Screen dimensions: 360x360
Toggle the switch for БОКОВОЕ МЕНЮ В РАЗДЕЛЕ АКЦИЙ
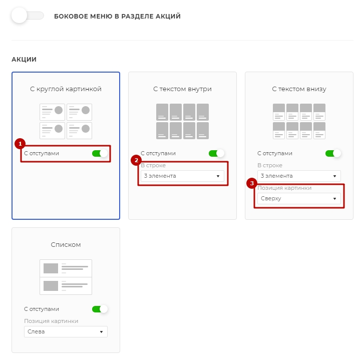(x=28, y=16)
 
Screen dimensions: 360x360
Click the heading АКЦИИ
(x=24, y=60)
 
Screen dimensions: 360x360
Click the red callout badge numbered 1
(x=20, y=144)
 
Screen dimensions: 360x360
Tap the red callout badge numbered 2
(x=136, y=160)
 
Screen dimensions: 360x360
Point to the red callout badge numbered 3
(x=252, y=183)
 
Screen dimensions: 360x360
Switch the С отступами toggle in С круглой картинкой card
(x=100, y=153)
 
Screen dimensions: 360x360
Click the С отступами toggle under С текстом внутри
(x=216, y=153)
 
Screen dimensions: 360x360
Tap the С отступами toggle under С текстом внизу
(x=333, y=153)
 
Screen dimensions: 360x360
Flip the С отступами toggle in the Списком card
(x=100, y=309)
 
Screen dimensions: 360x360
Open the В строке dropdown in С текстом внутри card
(x=182, y=176)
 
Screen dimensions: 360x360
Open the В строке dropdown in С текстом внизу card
(x=299, y=176)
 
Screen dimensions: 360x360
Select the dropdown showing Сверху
(x=299, y=198)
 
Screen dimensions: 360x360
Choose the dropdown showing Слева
(x=66, y=331)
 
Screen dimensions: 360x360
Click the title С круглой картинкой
(x=66, y=89)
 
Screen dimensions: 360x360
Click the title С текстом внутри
(x=182, y=89)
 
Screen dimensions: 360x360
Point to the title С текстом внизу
(x=299, y=89)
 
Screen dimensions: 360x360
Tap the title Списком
(x=66, y=245)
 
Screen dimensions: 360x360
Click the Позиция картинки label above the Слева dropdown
(x=51, y=321)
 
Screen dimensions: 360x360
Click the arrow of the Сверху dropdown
(x=334, y=199)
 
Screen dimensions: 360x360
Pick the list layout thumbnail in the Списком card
(x=66, y=277)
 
